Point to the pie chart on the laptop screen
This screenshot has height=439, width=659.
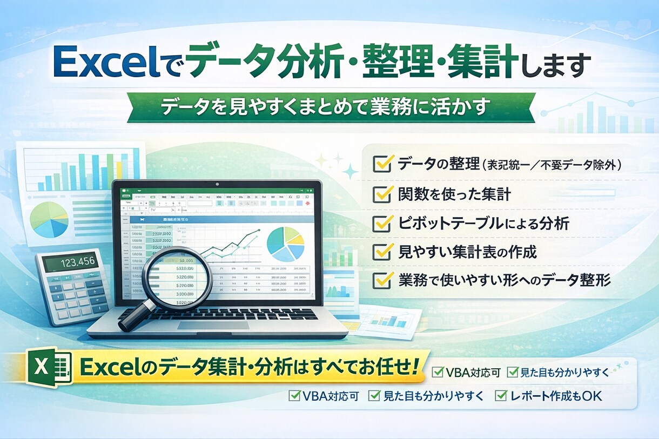coord(286,244)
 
